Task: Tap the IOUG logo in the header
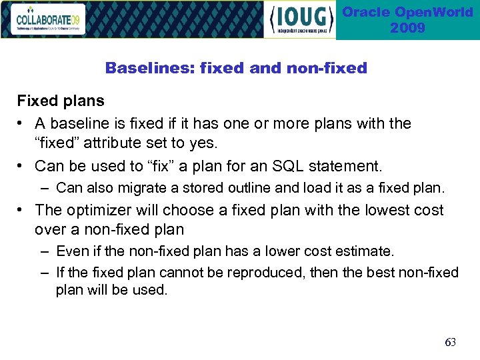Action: [301, 20]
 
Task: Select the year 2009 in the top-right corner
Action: [407, 28]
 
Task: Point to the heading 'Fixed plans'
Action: [61, 101]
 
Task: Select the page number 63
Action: [450, 342]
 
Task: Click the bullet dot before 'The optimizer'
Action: [22, 210]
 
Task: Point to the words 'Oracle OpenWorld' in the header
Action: [407, 13]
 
